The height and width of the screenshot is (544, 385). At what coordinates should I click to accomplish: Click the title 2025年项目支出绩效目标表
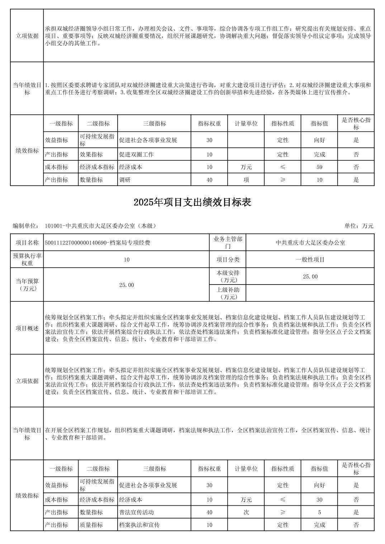tap(192, 203)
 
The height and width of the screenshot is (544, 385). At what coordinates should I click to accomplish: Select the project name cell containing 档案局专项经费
tap(98, 243)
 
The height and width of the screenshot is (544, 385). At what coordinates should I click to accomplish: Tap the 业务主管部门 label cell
tap(228, 243)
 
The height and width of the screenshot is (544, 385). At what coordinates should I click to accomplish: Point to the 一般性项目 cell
tap(310, 259)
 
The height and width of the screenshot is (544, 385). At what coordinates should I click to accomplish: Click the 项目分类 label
tap(228, 259)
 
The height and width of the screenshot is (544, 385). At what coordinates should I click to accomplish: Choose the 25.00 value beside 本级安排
tap(310, 277)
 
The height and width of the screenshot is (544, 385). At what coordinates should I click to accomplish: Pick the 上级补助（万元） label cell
tap(228, 293)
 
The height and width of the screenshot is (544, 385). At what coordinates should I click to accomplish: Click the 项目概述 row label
tap(27, 328)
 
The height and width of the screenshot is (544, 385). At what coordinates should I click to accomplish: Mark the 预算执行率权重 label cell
tap(27, 259)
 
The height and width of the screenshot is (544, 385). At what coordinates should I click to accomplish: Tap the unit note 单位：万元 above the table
tap(359, 226)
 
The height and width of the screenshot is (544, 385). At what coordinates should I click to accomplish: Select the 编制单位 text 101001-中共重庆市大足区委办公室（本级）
tap(100, 226)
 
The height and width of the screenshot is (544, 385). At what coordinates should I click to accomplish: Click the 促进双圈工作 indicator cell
tap(137, 155)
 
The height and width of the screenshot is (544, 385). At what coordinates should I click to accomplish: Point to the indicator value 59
tap(319, 167)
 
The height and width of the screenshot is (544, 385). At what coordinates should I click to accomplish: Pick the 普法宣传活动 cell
tap(137, 512)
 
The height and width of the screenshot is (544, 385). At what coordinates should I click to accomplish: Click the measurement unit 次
tap(246, 512)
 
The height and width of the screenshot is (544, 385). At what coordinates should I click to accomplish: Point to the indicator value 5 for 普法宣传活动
tap(319, 512)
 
